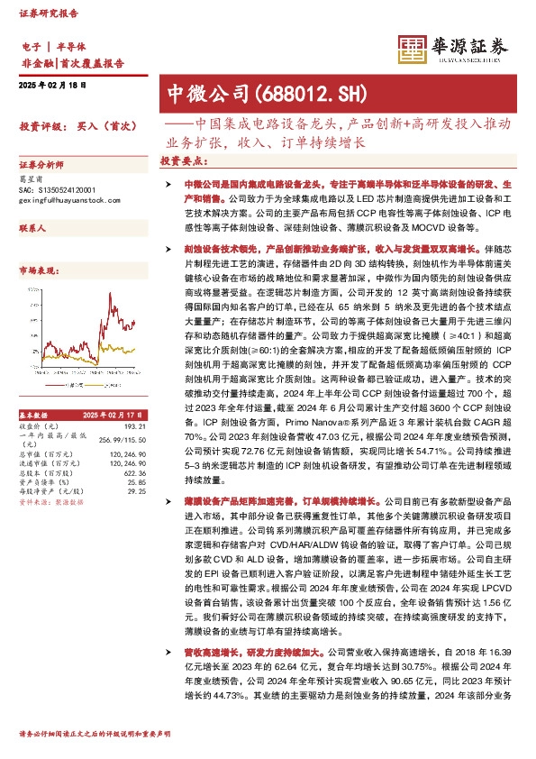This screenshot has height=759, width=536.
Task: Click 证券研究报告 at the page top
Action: click(x=48, y=13)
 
